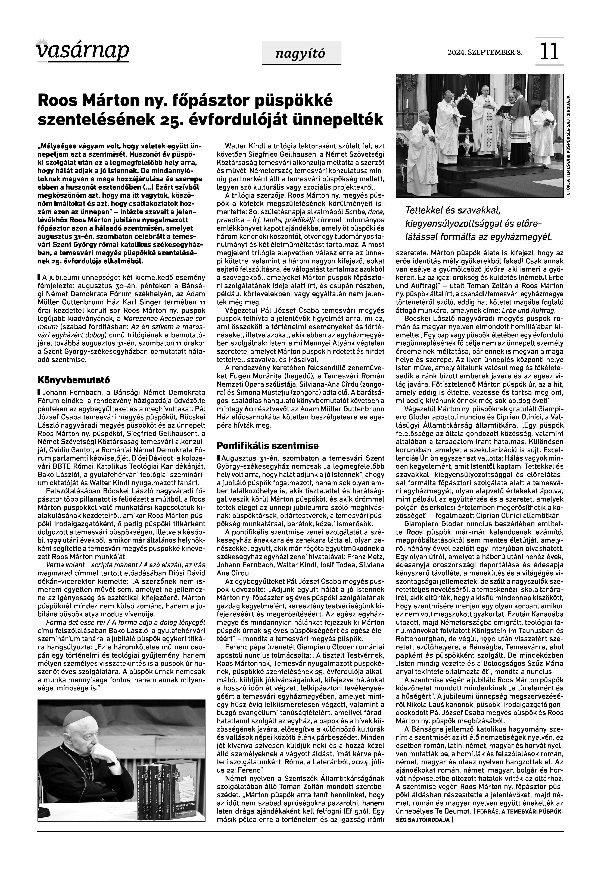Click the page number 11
(x=549, y=52)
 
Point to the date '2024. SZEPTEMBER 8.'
(x=485, y=52)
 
